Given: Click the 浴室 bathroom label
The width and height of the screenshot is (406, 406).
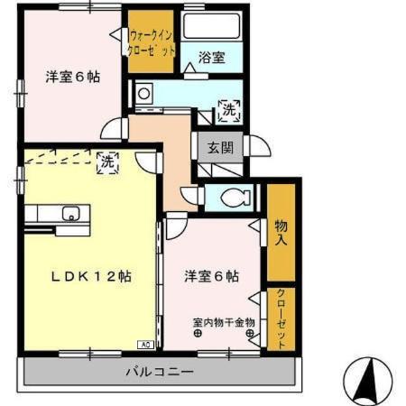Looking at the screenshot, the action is [x=212, y=58].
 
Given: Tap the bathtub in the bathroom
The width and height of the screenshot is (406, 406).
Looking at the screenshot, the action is [x=212, y=26].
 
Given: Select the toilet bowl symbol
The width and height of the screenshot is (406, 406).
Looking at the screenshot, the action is [x=235, y=198].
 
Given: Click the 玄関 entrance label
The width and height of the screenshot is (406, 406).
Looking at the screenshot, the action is [x=221, y=147].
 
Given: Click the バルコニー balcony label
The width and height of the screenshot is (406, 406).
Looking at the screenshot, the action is [x=160, y=372].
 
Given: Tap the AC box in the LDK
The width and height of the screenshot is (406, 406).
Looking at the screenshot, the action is [x=145, y=345].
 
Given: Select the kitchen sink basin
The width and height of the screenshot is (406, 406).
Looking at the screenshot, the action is [x=70, y=213].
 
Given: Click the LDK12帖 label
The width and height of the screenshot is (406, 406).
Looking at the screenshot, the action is [x=91, y=276].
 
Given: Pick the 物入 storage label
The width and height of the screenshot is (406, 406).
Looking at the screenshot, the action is [x=281, y=233].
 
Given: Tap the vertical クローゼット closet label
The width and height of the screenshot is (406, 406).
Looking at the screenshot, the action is [x=281, y=318].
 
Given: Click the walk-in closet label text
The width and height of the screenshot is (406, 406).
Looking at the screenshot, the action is [x=151, y=43].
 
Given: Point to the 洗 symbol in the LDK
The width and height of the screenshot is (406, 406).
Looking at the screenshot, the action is [x=107, y=162].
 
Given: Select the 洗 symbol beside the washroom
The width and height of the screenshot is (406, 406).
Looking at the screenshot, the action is [x=229, y=111].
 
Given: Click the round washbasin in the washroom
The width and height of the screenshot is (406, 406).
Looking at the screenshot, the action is [x=143, y=94].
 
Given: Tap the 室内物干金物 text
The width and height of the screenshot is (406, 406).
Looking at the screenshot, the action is [x=224, y=323].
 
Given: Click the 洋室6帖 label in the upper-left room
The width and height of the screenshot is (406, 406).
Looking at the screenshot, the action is [x=73, y=77].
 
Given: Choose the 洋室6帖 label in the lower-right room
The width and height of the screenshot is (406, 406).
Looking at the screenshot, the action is [x=212, y=276].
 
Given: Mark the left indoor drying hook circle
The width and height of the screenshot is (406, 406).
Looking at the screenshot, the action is [x=198, y=333].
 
